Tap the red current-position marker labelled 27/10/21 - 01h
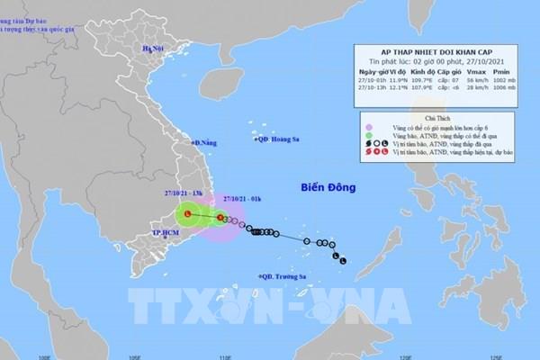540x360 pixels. (220, 217)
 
